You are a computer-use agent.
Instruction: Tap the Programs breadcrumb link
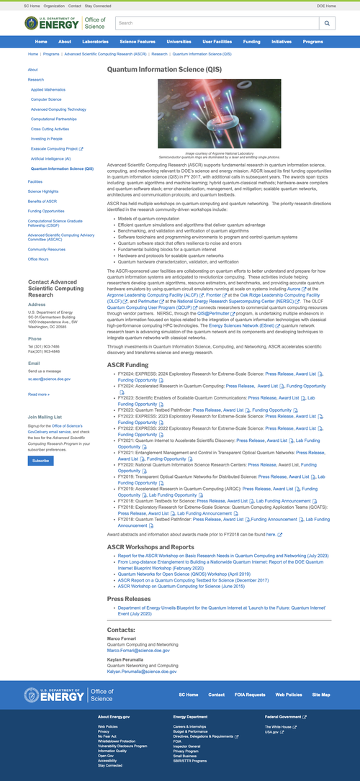coord(50,54)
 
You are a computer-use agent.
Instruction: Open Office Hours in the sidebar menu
coord(38,258)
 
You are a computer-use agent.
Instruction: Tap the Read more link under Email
coord(38,394)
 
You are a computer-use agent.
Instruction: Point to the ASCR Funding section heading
coord(127,365)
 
